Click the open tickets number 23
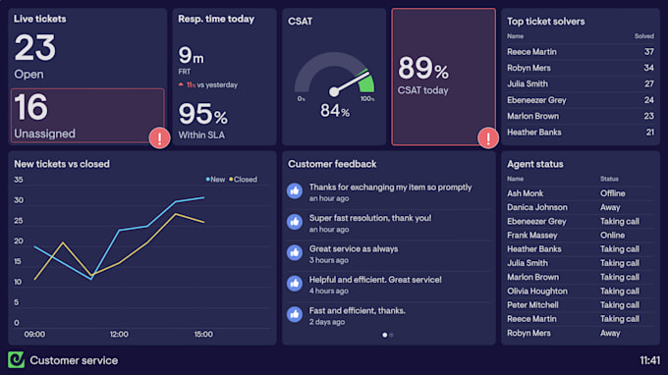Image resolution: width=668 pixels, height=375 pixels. coord(35,47)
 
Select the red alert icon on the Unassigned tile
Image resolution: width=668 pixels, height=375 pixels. coord(158,137)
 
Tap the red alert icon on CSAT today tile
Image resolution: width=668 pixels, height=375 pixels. coord(486,137)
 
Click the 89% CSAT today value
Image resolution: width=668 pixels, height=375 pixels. coord(423,69)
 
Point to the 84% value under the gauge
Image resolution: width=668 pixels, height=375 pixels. coord(335,112)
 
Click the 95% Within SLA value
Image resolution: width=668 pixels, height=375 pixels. coord(202,115)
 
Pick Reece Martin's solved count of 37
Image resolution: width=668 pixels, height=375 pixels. coord(648,51)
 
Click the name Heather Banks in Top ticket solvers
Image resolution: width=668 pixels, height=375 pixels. coord(533,133)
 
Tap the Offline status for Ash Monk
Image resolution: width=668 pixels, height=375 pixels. coord(613,193)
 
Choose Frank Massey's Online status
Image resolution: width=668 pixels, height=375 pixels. coord(613,236)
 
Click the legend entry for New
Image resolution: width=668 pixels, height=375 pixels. coord(215,180)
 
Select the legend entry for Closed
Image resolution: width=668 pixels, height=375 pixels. coord(243,180)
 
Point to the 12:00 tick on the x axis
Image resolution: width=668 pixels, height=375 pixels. coord(118,334)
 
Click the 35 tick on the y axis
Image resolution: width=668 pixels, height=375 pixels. coord(19,180)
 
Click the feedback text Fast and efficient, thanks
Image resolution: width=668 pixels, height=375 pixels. coord(357,310)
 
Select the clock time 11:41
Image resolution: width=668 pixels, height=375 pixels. coord(649,360)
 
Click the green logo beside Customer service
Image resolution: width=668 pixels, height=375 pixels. coord(16,360)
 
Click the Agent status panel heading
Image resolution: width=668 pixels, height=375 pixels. coord(534,164)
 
